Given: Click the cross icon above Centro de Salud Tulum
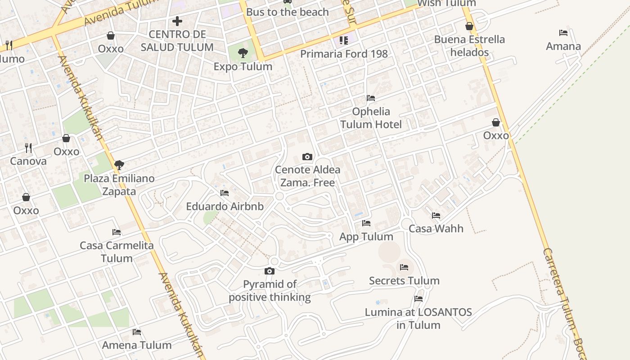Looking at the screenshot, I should pos(177,21).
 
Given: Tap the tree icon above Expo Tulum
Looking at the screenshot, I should pos(243,53).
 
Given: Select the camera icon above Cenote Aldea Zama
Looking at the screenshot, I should pos(307,157).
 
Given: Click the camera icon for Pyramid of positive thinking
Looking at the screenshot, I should pos(270,271).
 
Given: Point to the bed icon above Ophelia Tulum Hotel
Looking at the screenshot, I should pos(371,98).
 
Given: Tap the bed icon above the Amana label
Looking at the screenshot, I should pos(563,33).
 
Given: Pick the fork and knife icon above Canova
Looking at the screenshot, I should pos(28,147).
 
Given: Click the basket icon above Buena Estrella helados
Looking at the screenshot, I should pos(469,26).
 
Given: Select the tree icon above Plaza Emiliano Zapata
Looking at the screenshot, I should pos(119,165).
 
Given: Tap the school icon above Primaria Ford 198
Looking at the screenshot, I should pos(344,40).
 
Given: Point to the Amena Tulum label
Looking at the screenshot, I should pos(137,345).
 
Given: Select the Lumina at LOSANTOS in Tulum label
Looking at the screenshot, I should pos(418,318).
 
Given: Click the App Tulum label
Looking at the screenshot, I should pos(366,237).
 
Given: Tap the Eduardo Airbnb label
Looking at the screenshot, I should pos(225,207).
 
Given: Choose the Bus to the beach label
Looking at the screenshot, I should pos(288,12).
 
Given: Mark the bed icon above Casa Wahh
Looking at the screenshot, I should pos(436,216).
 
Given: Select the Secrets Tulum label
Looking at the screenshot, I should pos(404,281).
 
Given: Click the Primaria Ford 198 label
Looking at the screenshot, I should pos(344,54).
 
